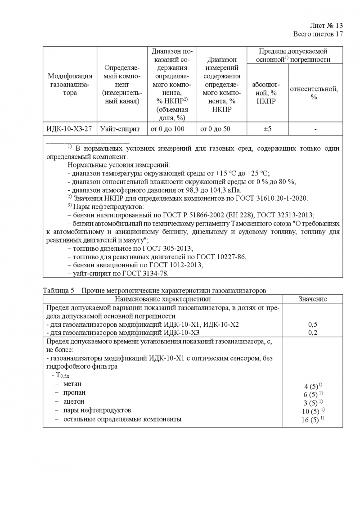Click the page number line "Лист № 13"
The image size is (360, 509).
tap(327, 26)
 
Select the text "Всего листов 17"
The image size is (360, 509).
tap(318, 34)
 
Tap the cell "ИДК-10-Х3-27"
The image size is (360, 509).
tap(70, 129)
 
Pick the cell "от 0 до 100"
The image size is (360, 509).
tap(172, 129)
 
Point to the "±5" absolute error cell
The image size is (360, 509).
tap(267, 129)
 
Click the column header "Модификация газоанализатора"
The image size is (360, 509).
tap(70, 85)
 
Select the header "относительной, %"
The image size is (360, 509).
tap(314, 93)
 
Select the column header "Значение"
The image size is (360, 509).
tap(313, 299)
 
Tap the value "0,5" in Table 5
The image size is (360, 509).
tap(313, 324)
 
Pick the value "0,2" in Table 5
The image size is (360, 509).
tap(313, 332)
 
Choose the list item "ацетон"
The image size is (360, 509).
tap(73, 401)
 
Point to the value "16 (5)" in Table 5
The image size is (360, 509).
tap(312, 420)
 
